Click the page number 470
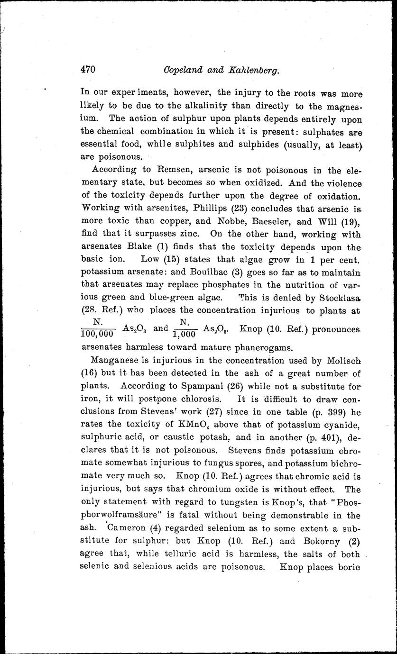point(88,70)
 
